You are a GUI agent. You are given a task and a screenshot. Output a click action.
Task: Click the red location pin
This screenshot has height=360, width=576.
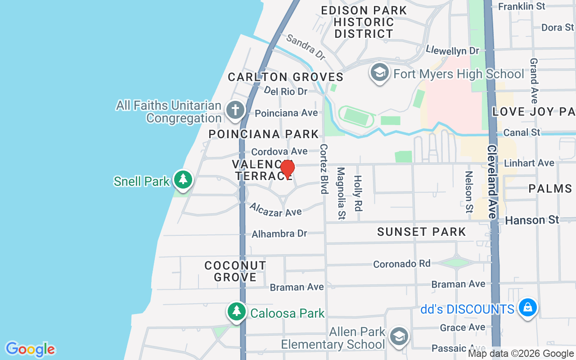click(x=287, y=169)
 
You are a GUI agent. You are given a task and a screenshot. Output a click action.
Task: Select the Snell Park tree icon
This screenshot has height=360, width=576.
click(x=183, y=180)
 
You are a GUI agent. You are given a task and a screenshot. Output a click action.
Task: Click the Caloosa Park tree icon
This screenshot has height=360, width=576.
click(x=237, y=311)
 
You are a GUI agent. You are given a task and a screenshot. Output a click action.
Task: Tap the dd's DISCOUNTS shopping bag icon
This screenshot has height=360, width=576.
click(x=526, y=308)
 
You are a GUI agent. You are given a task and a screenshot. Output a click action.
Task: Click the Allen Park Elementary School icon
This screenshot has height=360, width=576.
click(x=398, y=337)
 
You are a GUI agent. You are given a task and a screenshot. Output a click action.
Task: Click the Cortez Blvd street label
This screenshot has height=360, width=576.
click(x=323, y=169)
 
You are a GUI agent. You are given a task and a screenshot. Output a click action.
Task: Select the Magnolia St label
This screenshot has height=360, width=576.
click(x=341, y=193)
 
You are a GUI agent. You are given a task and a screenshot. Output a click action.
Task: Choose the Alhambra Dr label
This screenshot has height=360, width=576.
click(x=279, y=234)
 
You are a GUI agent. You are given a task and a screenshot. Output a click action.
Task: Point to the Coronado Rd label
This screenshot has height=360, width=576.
click(x=402, y=264)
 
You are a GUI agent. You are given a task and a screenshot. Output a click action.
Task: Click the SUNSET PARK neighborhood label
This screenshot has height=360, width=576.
click(x=421, y=232)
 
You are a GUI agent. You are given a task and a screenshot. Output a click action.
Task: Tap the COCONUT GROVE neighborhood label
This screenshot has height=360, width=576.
click(x=235, y=271)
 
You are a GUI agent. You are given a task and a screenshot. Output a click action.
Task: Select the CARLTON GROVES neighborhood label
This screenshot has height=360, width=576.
click(x=285, y=77)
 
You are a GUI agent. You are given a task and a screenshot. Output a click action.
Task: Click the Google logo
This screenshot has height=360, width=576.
click(x=31, y=349)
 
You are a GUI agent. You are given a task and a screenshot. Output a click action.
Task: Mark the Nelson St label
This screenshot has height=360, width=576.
click(x=469, y=192)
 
